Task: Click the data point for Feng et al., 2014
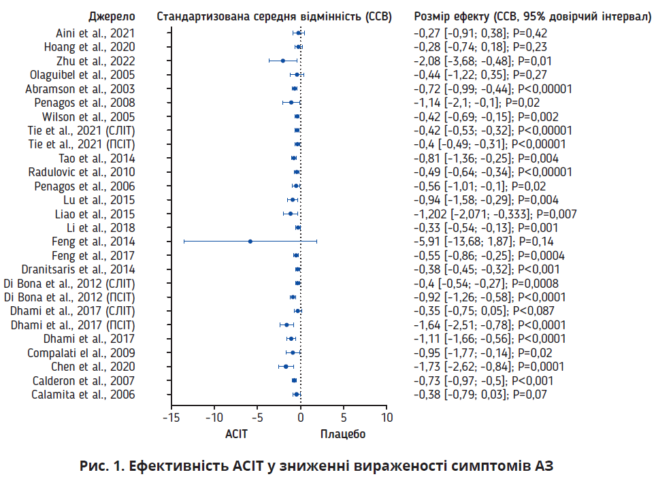(x=250, y=242)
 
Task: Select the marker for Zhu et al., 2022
(x=282, y=61)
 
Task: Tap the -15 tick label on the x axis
(x=170, y=417)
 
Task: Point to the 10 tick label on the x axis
(x=387, y=417)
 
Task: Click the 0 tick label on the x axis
(x=301, y=417)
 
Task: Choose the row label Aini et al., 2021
(x=95, y=33)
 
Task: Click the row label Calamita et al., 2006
(x=83, y=395)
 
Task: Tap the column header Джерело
(x=112, y=16)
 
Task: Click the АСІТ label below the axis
(x=236, y=433)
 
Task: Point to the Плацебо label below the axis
(x=342, y=433)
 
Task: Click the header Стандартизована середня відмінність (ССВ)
(x=274, y=16)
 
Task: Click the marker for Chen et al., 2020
(x=285, y=367)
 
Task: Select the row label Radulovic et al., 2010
(x=81, y=172)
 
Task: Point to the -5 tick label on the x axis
(x=257, y=417)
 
